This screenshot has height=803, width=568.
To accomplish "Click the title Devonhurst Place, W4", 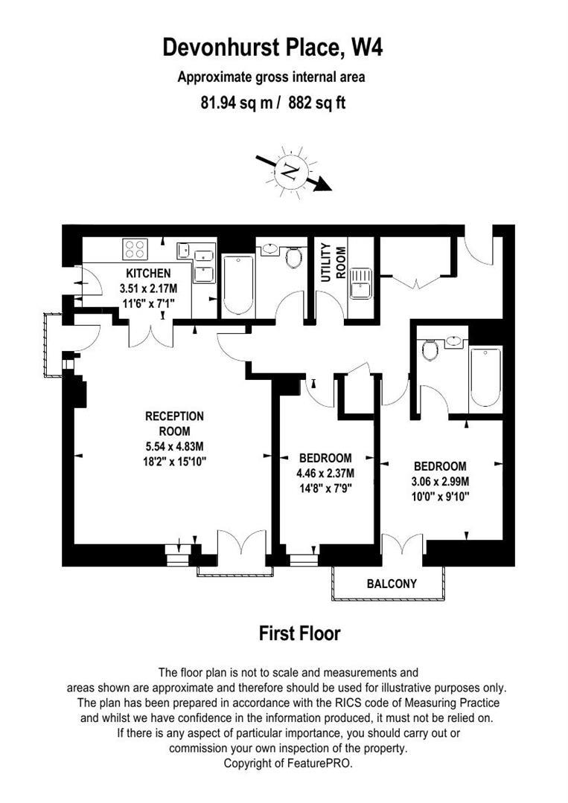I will point(273,48).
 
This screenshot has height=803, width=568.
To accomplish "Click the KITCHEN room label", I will point(148,274).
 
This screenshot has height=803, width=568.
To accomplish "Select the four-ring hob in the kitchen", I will point(135,249).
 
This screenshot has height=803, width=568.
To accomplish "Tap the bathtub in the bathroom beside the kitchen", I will point(238,286).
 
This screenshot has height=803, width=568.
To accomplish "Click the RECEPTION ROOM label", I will point(174,423).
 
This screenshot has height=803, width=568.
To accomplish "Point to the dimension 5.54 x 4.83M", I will point(174,446).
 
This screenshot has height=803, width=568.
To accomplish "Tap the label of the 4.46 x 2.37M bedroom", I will point(325,458).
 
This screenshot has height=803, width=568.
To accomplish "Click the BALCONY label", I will point(392,584).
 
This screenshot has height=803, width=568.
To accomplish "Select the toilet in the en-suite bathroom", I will point(429,349).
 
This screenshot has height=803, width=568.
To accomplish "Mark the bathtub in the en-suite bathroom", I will point(485,375).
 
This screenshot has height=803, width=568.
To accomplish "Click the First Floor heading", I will point(299,633).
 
